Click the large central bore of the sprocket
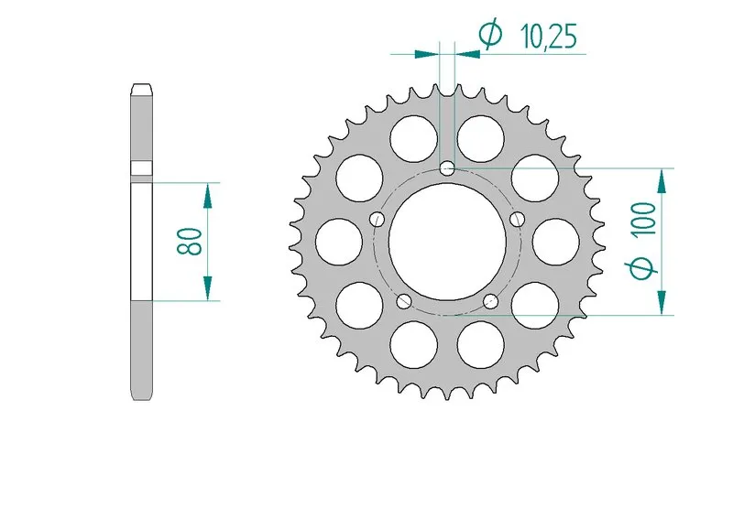pyautogui.click(x=447, y=242)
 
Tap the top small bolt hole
pyautogui.click(x=448, y=168)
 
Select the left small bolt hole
pyautogui.click(x=377, y=219)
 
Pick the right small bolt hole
pyautogui.click(x=518, y=219)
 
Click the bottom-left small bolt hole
pyautogui.click(x=404, y=302)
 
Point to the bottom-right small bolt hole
pyautogui.click(x=491, y=301)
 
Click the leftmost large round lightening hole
pyautogui.click(x=339, y=242)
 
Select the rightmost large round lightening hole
pyautogui.click(x=556, y=242)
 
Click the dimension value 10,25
pyautogui.click(x=549, y=37)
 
